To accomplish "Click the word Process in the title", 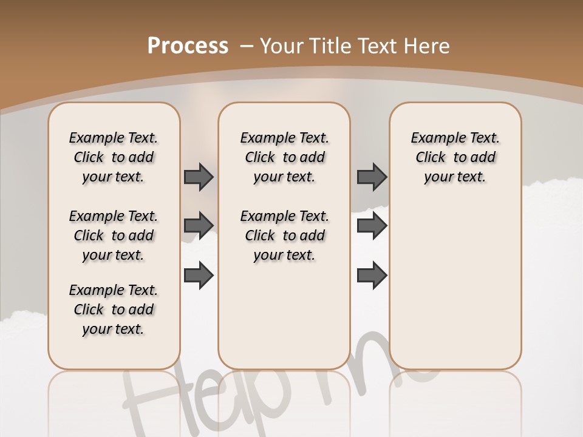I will coord(188,46).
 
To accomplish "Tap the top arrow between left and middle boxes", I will coord(199,177).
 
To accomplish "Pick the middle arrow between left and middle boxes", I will coord(199,226).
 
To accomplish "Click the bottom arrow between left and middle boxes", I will coord(199,275).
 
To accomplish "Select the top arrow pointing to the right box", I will coord(372,177).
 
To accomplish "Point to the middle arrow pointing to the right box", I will coord(372,226).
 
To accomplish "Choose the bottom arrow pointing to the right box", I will coord(372,275).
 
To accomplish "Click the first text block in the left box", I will coord(114,157).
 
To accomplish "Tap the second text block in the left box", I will coord(114,235).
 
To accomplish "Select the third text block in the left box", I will coord(114,310).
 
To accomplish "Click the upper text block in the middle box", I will coord(284,157).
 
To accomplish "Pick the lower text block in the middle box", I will coord(284,235).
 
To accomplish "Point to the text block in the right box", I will coord(455,157).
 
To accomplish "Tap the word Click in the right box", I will coord(431,158).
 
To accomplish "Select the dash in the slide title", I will coord(247,46).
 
